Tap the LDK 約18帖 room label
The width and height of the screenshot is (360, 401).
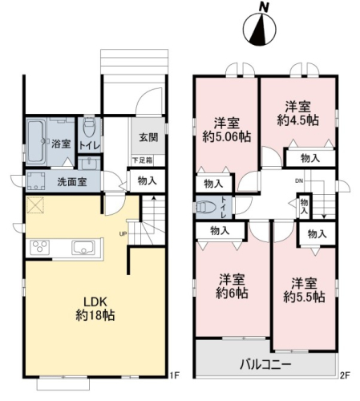pos(95,309)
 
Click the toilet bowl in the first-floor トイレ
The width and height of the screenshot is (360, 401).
pos(89,127)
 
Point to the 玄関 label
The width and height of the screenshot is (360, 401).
pos(148,137)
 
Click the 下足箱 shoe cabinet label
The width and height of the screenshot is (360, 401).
pos(143,160)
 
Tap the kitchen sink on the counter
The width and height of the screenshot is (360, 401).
pos(83,248)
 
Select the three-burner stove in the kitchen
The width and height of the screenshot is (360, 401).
pos(40,247)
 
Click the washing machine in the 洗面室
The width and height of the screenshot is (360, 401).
pos(35,181)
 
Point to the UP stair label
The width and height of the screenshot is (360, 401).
pos(123,234)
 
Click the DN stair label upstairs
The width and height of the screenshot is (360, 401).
pos(299,181)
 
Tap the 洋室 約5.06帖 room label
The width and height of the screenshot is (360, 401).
pos(227,130)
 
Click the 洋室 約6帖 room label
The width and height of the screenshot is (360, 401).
pos(232,286)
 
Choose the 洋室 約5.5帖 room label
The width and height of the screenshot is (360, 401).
pos(304,290)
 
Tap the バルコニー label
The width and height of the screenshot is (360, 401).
pos(265,364)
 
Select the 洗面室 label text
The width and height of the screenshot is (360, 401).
pos(72,182)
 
